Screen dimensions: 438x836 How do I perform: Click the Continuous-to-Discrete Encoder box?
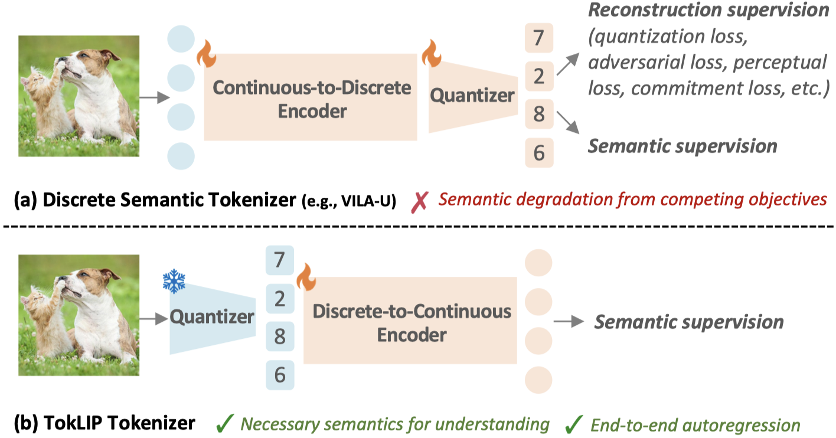(311, 97)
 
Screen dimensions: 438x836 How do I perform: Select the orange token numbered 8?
(538, 113)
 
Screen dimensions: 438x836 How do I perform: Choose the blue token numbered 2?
(280, 300)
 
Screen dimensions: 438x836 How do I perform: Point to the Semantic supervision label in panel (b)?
(688, 322)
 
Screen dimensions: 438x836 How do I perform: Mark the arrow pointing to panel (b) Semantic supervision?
(569, 322)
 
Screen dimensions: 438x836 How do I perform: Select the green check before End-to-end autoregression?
(572, 423)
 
